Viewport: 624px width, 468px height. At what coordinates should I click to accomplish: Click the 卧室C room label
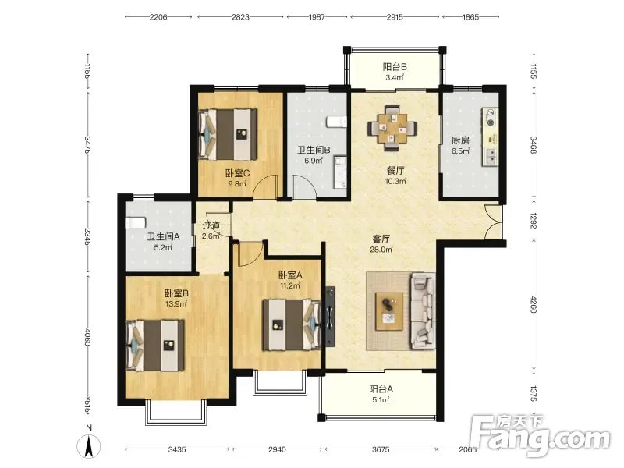point(238,173)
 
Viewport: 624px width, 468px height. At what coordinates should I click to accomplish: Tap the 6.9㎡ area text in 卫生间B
point(314,161)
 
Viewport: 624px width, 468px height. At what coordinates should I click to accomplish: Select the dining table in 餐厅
point(393,128)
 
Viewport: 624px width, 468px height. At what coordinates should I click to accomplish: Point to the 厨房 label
point(460,140)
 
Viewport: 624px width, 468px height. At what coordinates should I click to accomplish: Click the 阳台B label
point(395,67)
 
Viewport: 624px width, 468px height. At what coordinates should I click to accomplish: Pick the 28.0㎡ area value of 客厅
point(381,250)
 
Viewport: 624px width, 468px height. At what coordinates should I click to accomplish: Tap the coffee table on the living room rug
point(389,311)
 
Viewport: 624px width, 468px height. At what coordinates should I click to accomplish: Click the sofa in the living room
point(423,310)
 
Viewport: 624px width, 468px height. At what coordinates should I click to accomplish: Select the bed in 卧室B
point(155,346)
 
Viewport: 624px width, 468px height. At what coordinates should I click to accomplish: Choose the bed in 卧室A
point(291,324)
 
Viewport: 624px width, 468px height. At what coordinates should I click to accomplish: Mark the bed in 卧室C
point(228,134)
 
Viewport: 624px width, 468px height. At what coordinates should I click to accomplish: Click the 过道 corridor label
point(211,225)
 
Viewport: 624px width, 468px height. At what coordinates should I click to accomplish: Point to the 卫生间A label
point(164,237)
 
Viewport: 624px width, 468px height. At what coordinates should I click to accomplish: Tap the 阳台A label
point(381,388)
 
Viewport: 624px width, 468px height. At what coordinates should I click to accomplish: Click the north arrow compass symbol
point(89,445)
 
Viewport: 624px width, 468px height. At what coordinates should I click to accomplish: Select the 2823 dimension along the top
point(241,17)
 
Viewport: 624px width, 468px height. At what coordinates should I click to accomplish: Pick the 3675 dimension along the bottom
point(381,449)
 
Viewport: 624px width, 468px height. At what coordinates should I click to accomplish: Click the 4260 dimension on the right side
point(534,303)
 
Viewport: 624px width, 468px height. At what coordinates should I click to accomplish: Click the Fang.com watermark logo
point(540,436)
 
